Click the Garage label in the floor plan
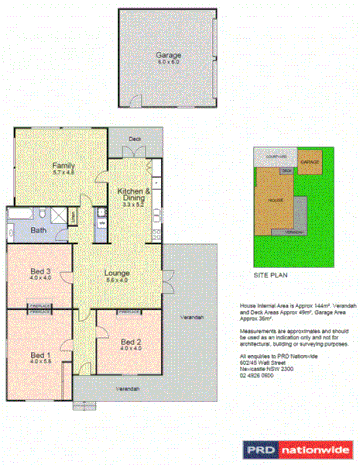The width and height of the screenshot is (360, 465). pyautogui.click(x=167, y=56)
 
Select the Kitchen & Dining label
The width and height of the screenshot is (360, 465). pyautogui.click(x=133, y=194)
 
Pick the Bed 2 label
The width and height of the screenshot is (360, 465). pyautogui.click(x=131, y=343)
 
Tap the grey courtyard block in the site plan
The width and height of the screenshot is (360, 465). pyautogui.click(x=276, y=157)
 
